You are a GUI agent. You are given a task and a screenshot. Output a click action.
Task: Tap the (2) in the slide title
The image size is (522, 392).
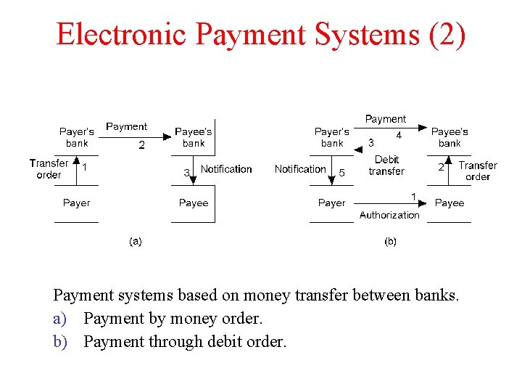tap(447, 34)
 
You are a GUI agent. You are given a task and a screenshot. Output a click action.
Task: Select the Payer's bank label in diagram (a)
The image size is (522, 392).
tap(77, 137)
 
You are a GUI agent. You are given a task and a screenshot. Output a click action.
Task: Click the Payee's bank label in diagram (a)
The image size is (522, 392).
tap(194, 137)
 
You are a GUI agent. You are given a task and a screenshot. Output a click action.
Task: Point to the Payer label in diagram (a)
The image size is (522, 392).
tap(76, 203)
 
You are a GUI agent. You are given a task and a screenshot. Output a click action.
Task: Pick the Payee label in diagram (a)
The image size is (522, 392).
tap(194, 203)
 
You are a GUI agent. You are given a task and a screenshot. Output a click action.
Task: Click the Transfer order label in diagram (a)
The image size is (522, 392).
tap(49, 169)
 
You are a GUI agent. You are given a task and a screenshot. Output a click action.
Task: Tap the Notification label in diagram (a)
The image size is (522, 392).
tap(226, 169)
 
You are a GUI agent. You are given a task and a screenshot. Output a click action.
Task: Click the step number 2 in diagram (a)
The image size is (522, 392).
tap(141, 145)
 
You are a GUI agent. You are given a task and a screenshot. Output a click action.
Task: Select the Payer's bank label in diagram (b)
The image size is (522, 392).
tap(332, 137)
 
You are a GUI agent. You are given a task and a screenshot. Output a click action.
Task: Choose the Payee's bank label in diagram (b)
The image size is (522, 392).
tap(449, 137)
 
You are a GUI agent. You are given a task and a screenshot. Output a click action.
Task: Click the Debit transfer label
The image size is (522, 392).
tap(386, 166)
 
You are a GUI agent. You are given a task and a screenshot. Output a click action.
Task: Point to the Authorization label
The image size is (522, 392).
tap(389, 215)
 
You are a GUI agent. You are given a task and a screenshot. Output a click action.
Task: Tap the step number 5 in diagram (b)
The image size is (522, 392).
tap(342, 173)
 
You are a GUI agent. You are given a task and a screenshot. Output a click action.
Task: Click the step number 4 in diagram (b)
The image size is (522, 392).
tap(399, 135)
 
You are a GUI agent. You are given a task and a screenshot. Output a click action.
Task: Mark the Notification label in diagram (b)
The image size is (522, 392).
tap(300, 169)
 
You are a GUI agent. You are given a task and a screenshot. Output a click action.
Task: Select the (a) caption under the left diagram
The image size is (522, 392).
tap(135, 242)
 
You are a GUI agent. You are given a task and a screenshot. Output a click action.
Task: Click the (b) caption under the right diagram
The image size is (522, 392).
tap(390, 242)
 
